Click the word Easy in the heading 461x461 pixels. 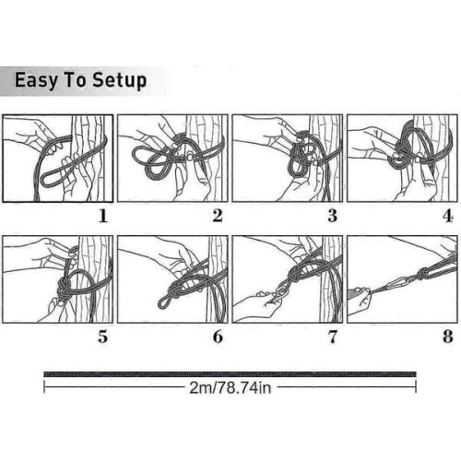click(36, 81)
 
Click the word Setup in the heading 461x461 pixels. click(120, 81)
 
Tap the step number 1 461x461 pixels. click(103, 216)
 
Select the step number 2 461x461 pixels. click(218, 216)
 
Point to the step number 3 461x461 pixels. click(333, 216)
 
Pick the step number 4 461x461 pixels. click(448, 216)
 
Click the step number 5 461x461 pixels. click(103, 337)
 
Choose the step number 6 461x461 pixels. click(218, 337)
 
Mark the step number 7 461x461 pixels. click(333, 337)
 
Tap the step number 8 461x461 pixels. click(448, 337)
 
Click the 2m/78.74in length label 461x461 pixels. click(230, 388)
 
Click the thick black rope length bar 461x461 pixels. click(230, 374)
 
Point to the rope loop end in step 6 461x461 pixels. click(163, 302)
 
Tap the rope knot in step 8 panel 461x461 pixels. click(422, 273)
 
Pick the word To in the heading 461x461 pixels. click(75, 81)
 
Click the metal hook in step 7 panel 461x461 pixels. click(281, 293)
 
